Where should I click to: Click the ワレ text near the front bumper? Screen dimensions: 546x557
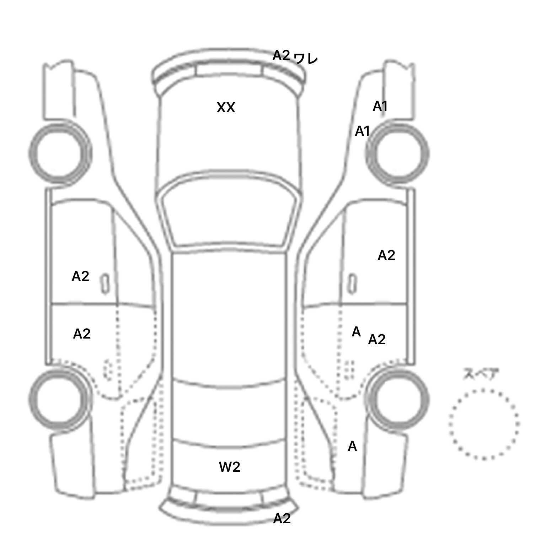click(306, 59)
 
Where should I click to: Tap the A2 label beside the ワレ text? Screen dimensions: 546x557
click(282, 55)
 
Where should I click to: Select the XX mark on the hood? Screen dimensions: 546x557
click(226, 108)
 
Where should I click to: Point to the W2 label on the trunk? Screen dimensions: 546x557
click(230, 467)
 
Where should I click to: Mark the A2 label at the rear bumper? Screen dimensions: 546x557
click(282, 519)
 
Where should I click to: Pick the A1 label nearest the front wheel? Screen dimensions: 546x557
click(363, 131)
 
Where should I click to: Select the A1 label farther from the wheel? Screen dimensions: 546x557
click(380, 106)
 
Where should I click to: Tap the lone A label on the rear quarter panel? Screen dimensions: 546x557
click(352, 446)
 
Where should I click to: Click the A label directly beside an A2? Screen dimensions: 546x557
click(356, 332)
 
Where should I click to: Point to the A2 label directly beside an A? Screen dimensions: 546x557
click(377, 340)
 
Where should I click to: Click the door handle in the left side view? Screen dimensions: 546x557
click(105, 284)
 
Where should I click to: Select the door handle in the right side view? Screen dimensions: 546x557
click(352, 284)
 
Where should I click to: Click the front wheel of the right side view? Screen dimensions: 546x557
click(397, 153)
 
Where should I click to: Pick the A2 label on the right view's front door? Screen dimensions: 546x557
click(386, 255)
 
